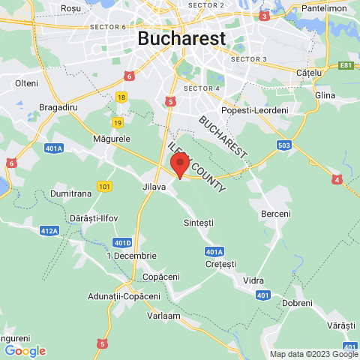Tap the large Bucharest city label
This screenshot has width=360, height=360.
tap(181, 38)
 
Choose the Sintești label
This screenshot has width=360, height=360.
tap(199, 223)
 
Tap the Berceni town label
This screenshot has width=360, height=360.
tap(275, 214)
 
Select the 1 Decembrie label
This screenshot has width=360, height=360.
tap(131, 255)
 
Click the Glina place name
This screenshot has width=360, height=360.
tap(325, 95)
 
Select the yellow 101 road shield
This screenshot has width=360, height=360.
tap(104, 185)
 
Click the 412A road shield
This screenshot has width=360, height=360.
tap(49, 231)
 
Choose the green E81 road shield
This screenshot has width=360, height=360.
tap(345, 65)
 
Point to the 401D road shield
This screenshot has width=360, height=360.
tap(122, 242)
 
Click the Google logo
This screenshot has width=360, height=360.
tap(25, 350)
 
